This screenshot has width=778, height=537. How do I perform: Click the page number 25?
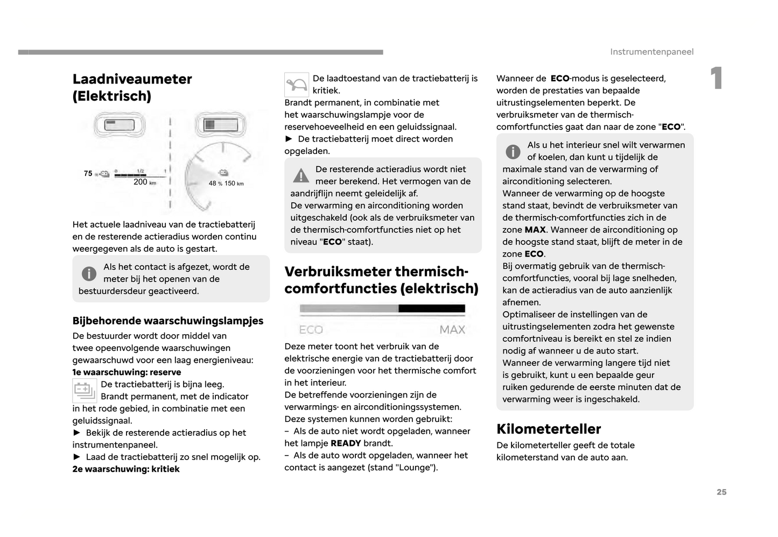721,492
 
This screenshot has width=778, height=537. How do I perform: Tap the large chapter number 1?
716,79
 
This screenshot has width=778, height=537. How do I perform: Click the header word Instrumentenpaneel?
651,52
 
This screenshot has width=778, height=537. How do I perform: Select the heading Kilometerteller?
548,429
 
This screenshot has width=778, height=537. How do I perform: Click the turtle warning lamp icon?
297,85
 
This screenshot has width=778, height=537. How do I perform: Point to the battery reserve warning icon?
85,391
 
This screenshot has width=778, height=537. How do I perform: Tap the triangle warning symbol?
301,175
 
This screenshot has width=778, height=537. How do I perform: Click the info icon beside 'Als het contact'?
89,273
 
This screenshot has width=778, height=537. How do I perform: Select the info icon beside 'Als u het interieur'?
513,152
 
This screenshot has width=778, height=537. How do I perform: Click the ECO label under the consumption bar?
311,330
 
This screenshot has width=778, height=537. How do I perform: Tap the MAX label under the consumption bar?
452,330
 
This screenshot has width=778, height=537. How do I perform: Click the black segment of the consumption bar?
432,309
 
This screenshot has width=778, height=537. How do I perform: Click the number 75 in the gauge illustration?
88,173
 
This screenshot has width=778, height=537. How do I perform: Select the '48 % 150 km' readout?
226,183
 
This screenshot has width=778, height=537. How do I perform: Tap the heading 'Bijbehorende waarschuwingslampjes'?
168,321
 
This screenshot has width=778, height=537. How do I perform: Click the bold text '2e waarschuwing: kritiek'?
126,469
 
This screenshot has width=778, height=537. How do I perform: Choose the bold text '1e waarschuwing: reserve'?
127,372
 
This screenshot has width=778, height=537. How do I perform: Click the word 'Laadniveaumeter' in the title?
132,79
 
